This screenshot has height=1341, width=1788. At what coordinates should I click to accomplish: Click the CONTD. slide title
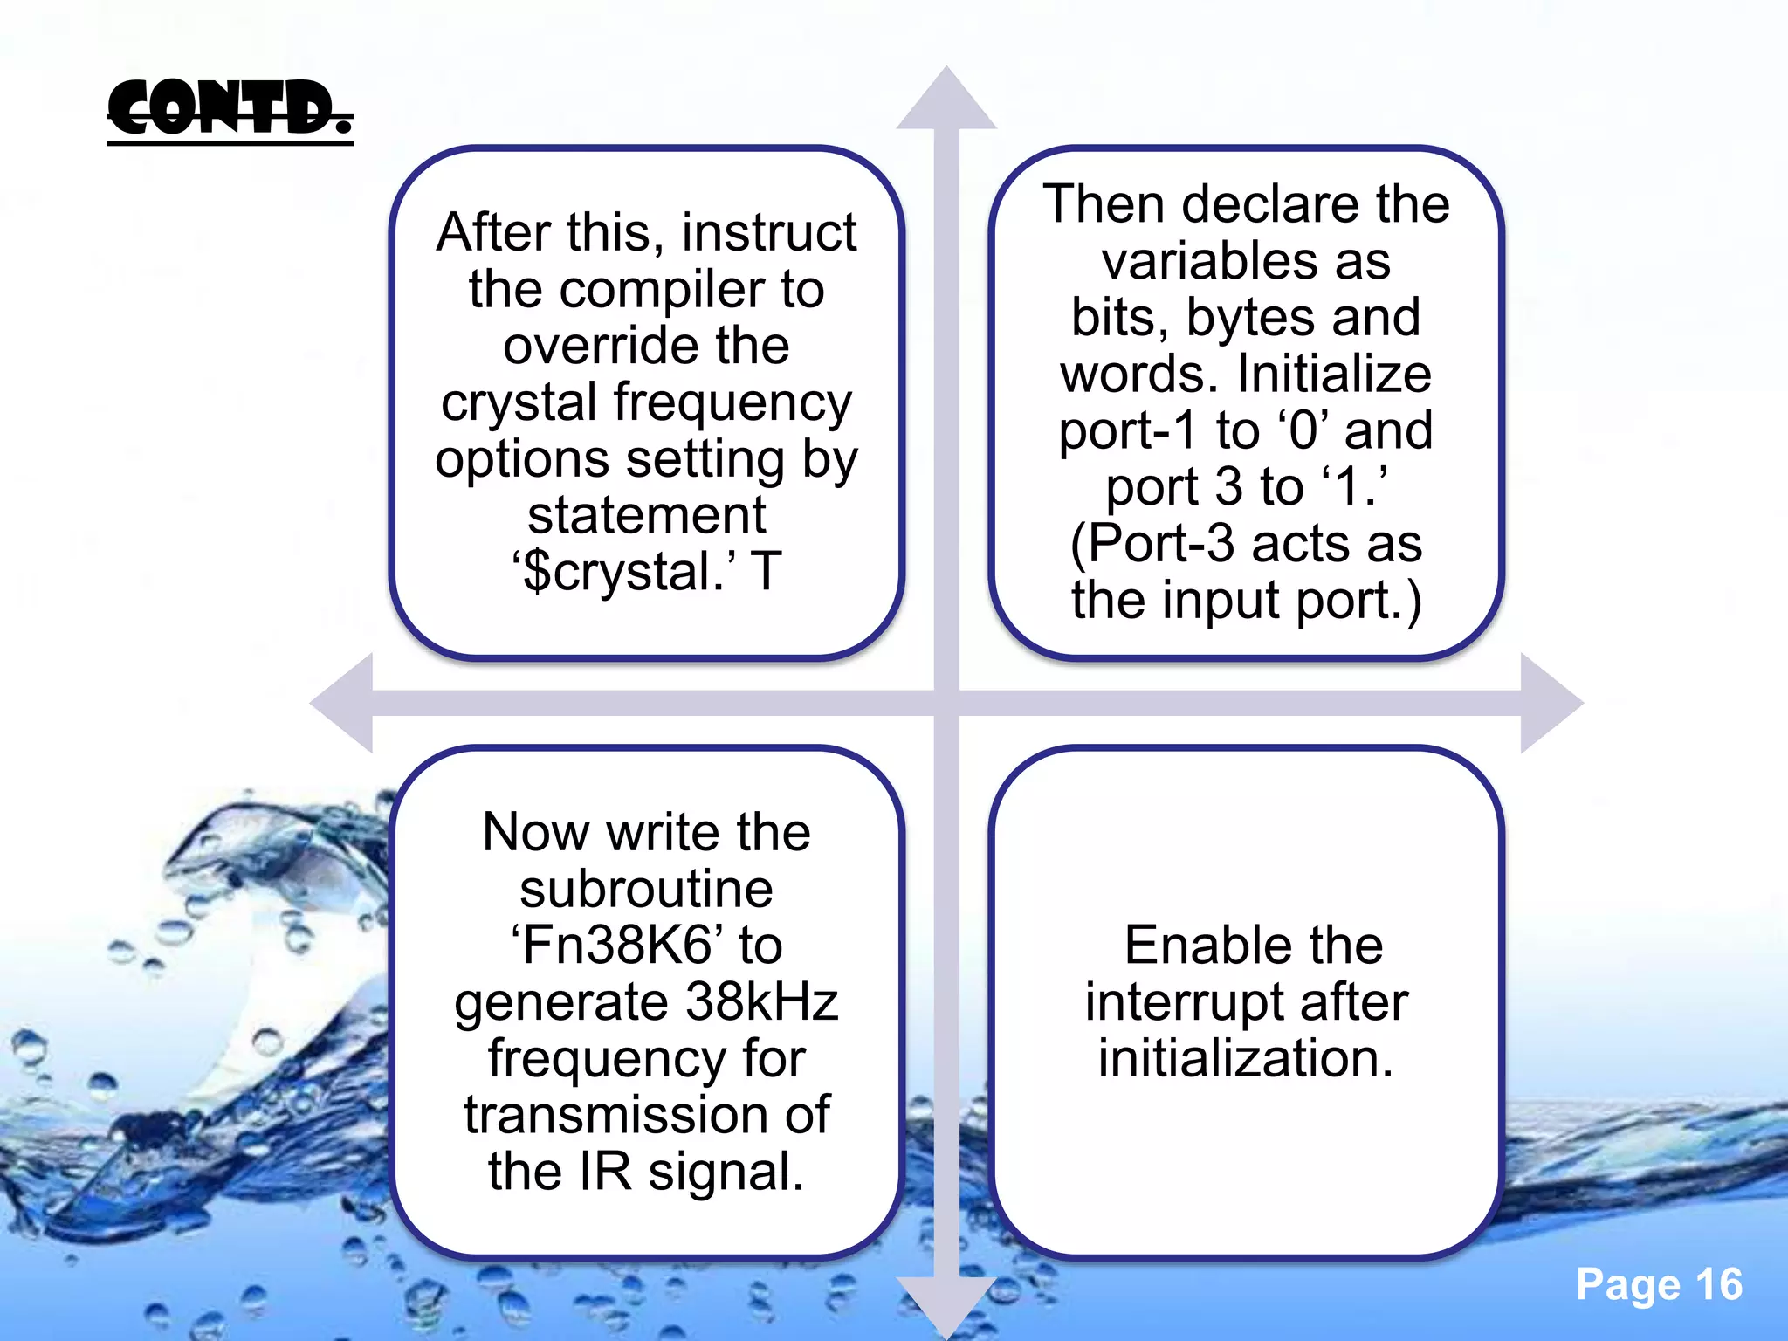click(x=230, y=108)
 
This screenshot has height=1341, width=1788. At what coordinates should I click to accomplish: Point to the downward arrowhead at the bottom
click(x=946, y=1303)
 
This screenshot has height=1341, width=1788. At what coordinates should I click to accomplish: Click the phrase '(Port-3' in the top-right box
click(x=1152, y=543)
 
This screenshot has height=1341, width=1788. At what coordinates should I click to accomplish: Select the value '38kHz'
click(x=761, y=1001)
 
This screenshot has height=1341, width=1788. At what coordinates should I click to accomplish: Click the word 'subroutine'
click(x=646, y=889)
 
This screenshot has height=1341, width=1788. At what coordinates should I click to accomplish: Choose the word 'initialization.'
click(x=1246, y=1058)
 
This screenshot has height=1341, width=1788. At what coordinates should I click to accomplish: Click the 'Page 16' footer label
click(x=1658, y=1285)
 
